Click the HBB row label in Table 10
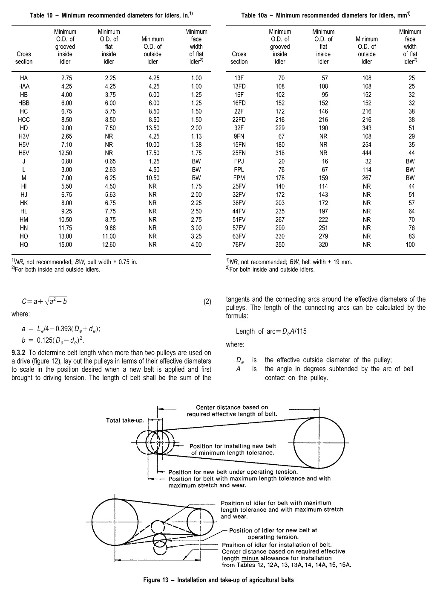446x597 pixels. coord(24,103)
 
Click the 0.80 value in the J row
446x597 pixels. coord(66,161)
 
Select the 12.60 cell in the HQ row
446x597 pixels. coord(109,245)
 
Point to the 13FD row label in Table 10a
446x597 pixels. coord(239,86)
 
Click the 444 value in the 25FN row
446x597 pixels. coord(366,153)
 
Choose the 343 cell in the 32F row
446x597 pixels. coord(366,128)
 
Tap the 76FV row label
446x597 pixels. coord(239,245)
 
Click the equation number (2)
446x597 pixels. coord(207,302)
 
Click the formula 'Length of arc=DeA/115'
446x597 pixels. coord(271,331)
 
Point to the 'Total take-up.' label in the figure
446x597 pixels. coord(125,421)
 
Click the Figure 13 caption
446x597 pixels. coord(218,580)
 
